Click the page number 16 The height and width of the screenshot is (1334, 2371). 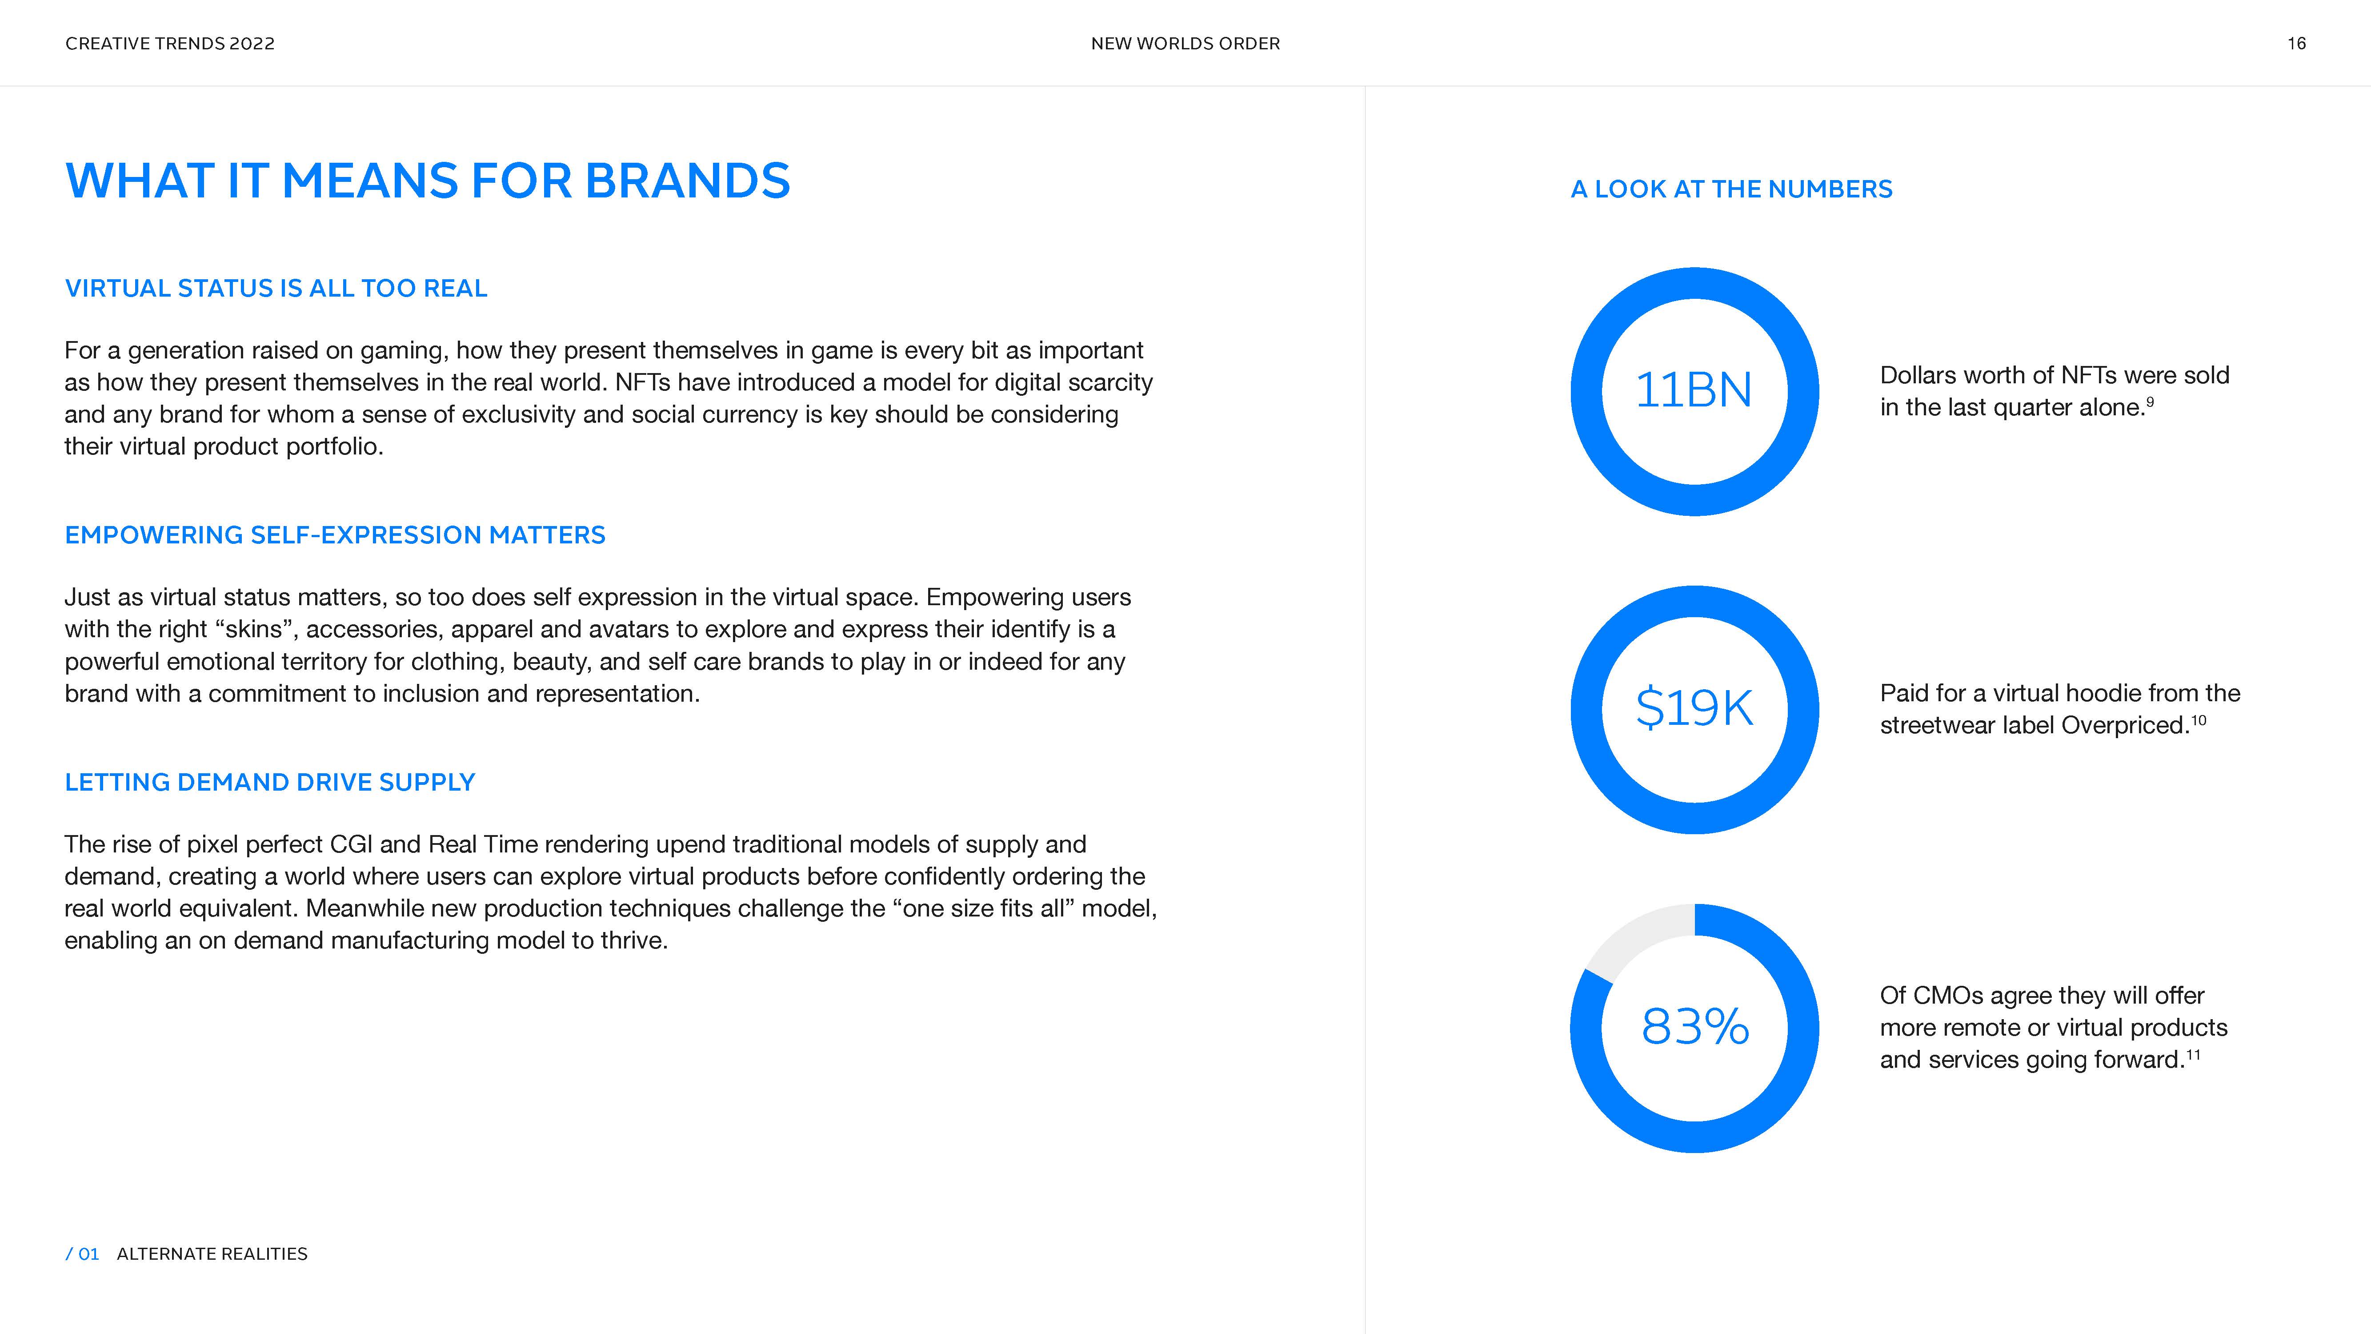pyautogui.click(x=2296, y=43)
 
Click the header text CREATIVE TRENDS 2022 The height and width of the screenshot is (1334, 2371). pyautogui.click(x=170, y=43)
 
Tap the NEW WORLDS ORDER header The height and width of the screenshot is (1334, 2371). pyautogui.click(x=1185, y=43)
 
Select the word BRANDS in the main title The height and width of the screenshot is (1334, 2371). pyautogui.click(x=688, y=181)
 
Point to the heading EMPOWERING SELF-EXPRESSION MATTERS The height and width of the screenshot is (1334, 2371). pyautogui.click(x=335, y=535)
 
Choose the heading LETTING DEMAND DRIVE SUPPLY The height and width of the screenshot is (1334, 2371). pyautogui.click(x=270, y=782)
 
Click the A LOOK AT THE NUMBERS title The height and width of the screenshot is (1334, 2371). pyautogui.click(x=1731, y=189)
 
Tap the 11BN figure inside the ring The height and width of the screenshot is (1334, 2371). pyautogui.click(x=1694, y=390)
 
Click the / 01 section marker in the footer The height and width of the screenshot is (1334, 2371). pyautogui.click(x=82, y=1254)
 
